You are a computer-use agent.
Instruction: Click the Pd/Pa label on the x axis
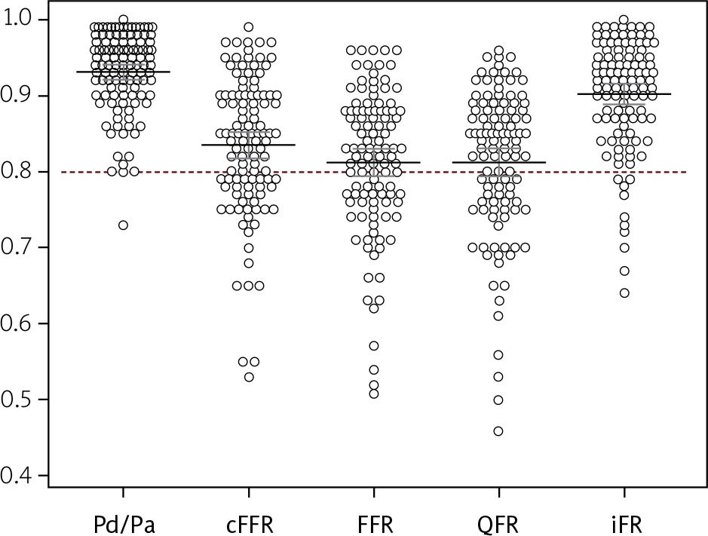tap(123, 521)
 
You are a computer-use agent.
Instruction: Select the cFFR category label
tap(248, 521)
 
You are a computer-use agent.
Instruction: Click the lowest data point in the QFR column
tap(498, 431)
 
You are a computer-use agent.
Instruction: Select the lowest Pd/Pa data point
tap(123, 225)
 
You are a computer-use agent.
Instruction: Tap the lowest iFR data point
tap(624, 293)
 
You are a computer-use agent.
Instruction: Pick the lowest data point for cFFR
tap(248, 377)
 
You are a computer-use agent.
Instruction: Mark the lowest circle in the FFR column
tap(373, 394)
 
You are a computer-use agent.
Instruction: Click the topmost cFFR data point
tap(248, 27)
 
